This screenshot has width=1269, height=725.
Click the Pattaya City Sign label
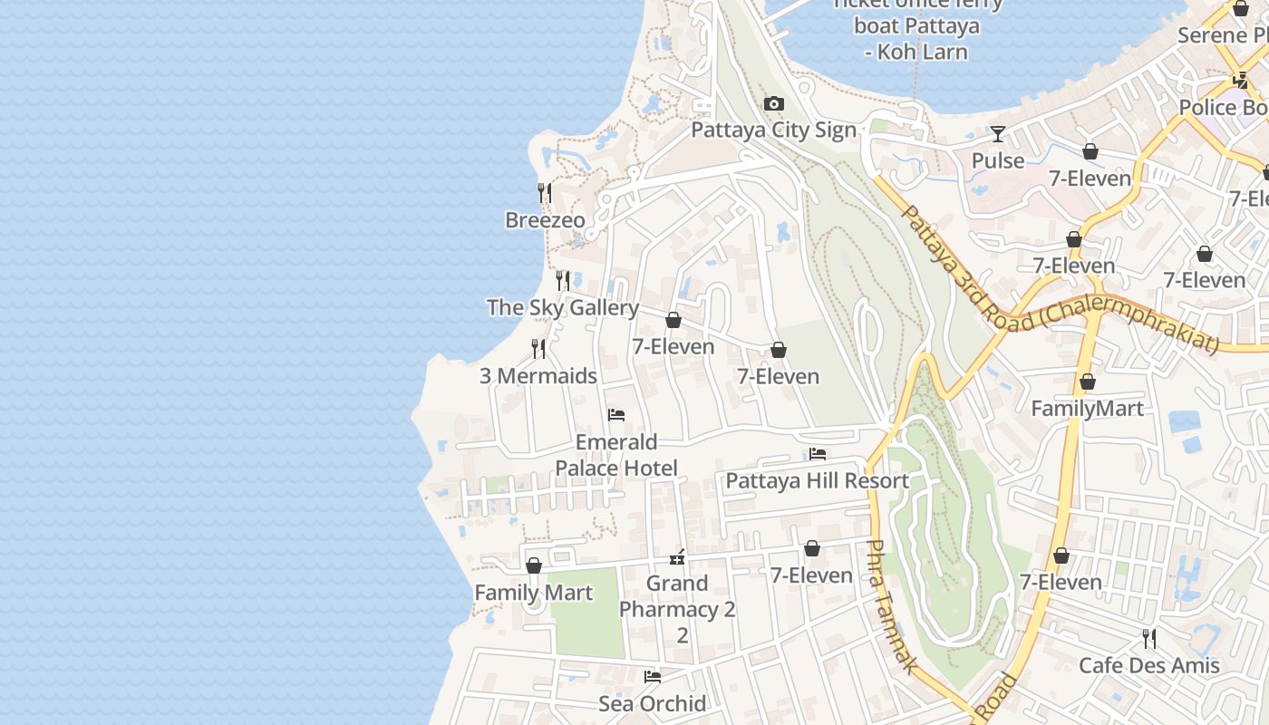tap(773, 130)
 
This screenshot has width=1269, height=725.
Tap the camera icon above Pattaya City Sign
tap(773, 104)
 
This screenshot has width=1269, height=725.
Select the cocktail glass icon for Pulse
tap(998, 134)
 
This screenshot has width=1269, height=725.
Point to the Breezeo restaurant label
tap(545, 220)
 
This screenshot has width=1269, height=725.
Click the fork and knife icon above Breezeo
tap(545, 193)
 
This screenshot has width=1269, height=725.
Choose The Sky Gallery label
tap(563, 307)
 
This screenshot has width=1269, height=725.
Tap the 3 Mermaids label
tap(538, 375)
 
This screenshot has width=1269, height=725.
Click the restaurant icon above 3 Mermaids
tap(538, 349)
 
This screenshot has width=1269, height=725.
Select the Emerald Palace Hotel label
tap(616, 455)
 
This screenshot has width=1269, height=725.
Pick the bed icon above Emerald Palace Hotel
tap(616, 416)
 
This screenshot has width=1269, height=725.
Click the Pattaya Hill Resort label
tap(818, 480)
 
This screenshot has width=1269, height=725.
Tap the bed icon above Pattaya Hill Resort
tap(818, 454)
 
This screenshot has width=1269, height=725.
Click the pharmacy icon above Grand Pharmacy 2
tap(677, 557)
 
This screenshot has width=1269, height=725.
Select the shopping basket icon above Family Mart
tap(534, 565)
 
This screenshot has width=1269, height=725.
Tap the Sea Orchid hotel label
tap(652, 703)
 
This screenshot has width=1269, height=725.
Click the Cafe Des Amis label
tap(1148, 665)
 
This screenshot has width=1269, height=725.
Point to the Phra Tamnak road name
tap(892, 607)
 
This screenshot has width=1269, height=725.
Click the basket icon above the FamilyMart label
tap(1088, 382)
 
